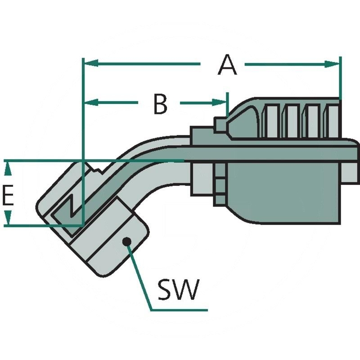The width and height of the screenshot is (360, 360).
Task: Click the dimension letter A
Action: coord(227,65)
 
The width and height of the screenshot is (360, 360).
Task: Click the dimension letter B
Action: coord(159,104)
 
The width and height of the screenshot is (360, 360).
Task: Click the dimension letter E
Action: coord(8,196)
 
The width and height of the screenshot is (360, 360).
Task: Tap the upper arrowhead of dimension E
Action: coord(7,166)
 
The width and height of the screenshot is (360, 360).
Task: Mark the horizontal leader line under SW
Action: coord(180,310)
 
